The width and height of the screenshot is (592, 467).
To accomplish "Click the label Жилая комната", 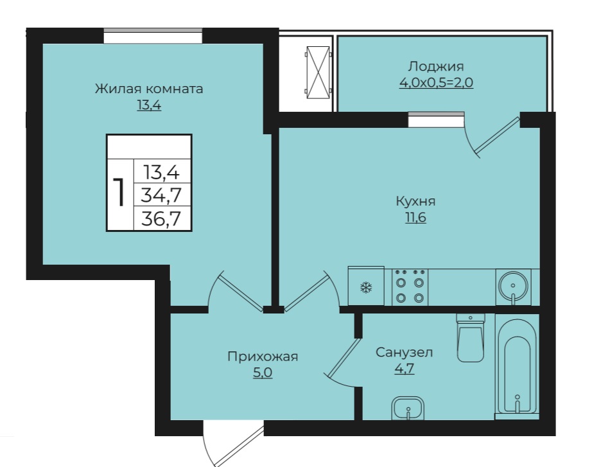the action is coord(149,89).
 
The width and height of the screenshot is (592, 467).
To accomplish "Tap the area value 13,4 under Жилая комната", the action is coord(149,105).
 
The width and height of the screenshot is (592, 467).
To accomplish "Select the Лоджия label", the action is coord(436,67).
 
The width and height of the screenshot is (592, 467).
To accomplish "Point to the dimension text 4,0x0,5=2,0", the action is coord(436,82).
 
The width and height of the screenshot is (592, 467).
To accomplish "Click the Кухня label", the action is coord(415,201).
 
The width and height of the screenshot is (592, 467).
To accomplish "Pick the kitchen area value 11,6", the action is coord(415,218).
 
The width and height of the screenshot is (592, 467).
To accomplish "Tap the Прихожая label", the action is coord(263,357).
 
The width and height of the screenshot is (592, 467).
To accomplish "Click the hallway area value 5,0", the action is coord(263,373).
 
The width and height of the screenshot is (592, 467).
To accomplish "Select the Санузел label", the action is coord(404,353).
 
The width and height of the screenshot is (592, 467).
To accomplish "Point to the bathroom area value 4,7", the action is coord(404,368).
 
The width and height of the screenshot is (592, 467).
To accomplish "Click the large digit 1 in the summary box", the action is coord(121,193).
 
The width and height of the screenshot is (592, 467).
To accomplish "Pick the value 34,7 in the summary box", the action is coord(161,195).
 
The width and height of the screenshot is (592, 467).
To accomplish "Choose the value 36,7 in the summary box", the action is coord(161,218).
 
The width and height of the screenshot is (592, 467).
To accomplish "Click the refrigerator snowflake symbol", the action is coord(366,288).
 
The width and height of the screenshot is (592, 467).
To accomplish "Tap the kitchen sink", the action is coord(513,286).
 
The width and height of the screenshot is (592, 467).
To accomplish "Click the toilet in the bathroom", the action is coord(471,338).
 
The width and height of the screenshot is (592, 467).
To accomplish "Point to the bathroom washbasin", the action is coord(408,408).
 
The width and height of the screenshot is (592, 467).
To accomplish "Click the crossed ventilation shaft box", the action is coord(318,73).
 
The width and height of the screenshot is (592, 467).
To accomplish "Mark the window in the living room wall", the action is coord(153,36).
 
